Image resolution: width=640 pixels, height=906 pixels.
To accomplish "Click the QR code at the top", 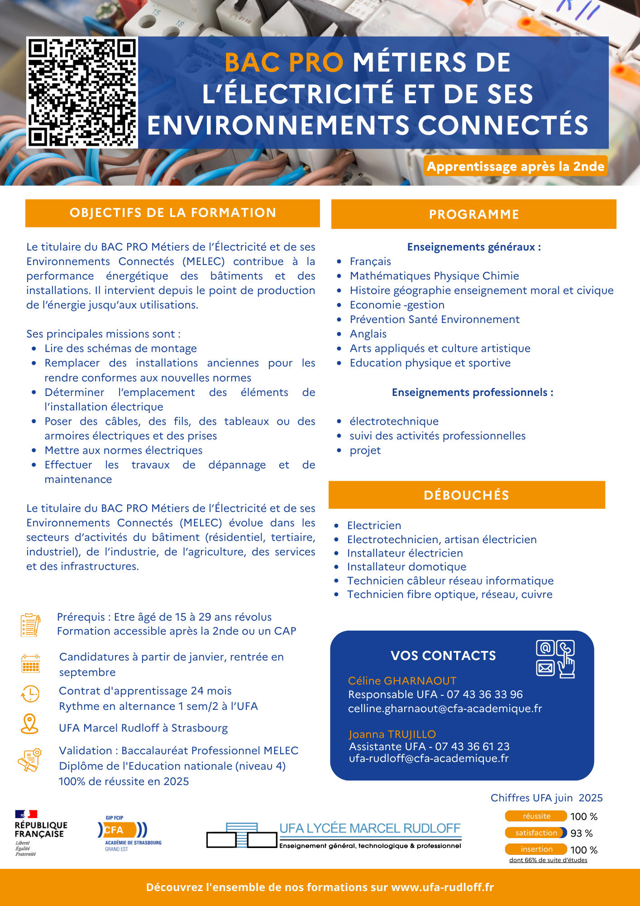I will point(82,92).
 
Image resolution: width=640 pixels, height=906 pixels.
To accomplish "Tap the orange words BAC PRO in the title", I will point(284,63).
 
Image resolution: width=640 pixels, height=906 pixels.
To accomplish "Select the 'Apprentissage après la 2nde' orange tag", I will point(515,166).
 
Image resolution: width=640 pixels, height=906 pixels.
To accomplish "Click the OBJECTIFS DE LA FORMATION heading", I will point(172,213).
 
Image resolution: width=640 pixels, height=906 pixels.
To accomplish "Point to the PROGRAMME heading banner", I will point(473,214).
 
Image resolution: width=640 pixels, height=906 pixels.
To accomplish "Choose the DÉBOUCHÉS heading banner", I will point(466,495).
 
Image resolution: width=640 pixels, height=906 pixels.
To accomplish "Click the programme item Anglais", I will point(368,334).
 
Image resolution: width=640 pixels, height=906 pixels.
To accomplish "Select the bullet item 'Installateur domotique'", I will point(406,567).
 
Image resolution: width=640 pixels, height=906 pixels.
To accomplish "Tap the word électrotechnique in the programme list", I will point(394,421).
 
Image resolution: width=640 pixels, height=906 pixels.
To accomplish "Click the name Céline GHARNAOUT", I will point(402,680).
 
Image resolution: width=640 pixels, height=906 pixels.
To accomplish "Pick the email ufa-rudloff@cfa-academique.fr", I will point(429,758).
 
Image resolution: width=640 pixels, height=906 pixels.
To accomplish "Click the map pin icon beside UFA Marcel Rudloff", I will point(30,724).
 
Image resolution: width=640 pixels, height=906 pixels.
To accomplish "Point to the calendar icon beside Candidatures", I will point(31,664).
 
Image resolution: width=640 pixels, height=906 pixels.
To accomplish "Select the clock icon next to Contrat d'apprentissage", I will point(30,694).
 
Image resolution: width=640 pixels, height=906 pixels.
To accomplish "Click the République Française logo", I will point(41,833).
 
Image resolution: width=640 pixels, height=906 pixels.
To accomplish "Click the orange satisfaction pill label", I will point(536,833).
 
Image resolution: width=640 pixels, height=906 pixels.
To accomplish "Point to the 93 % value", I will point(582,833).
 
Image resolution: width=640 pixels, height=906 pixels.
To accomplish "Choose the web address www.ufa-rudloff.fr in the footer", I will point(442,887).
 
